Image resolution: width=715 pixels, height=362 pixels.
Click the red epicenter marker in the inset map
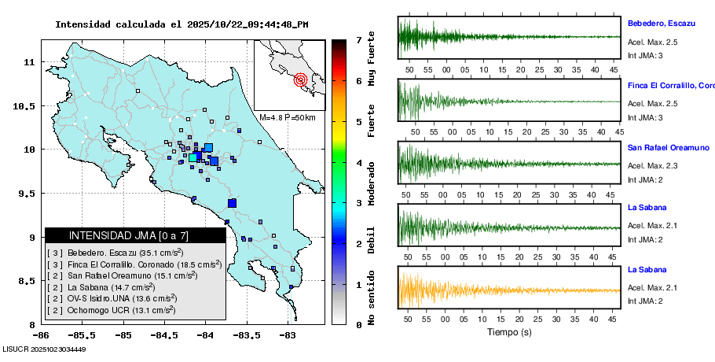(300, 79)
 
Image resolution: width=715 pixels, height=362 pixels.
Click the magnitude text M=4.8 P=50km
(287, 118)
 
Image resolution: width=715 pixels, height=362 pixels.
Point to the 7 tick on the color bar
(358, 39)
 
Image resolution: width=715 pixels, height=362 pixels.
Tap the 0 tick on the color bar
(358, 324)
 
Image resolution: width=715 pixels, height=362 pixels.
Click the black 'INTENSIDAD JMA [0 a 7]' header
(129, 235)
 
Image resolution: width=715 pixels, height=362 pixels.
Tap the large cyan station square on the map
(193, 157)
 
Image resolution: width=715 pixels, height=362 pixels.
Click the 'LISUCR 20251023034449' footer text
(44, 349)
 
